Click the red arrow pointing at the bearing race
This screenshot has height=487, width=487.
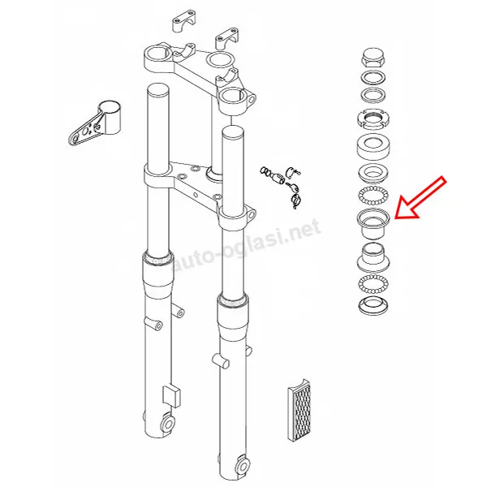420,198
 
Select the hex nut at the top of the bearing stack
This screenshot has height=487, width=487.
373,59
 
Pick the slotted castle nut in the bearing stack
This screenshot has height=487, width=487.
373,119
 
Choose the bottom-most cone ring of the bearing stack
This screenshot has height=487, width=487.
373,305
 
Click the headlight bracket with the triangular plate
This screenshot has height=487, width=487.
94,123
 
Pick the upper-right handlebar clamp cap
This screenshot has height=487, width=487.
227,38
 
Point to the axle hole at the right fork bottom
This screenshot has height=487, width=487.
243,466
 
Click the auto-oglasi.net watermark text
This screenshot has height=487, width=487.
246,245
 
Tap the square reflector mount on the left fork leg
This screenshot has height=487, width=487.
171,396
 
